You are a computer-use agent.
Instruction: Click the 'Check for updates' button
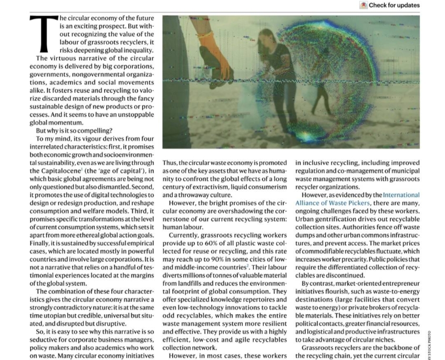tap(390, 5)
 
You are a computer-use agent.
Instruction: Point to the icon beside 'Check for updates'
tap(363, 5)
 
